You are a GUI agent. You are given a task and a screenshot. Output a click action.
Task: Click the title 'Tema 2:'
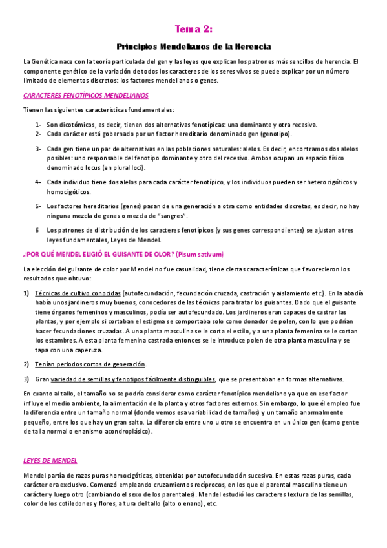point(194,29)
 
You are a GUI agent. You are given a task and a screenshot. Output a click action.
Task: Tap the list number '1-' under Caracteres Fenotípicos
point(39,125)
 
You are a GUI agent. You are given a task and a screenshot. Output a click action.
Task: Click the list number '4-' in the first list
point(39,182)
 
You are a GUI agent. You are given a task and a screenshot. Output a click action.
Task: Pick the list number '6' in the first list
point(37,229)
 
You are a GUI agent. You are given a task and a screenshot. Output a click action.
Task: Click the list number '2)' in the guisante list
point(26,364)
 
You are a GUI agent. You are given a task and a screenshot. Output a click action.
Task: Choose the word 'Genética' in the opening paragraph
point(45,61)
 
